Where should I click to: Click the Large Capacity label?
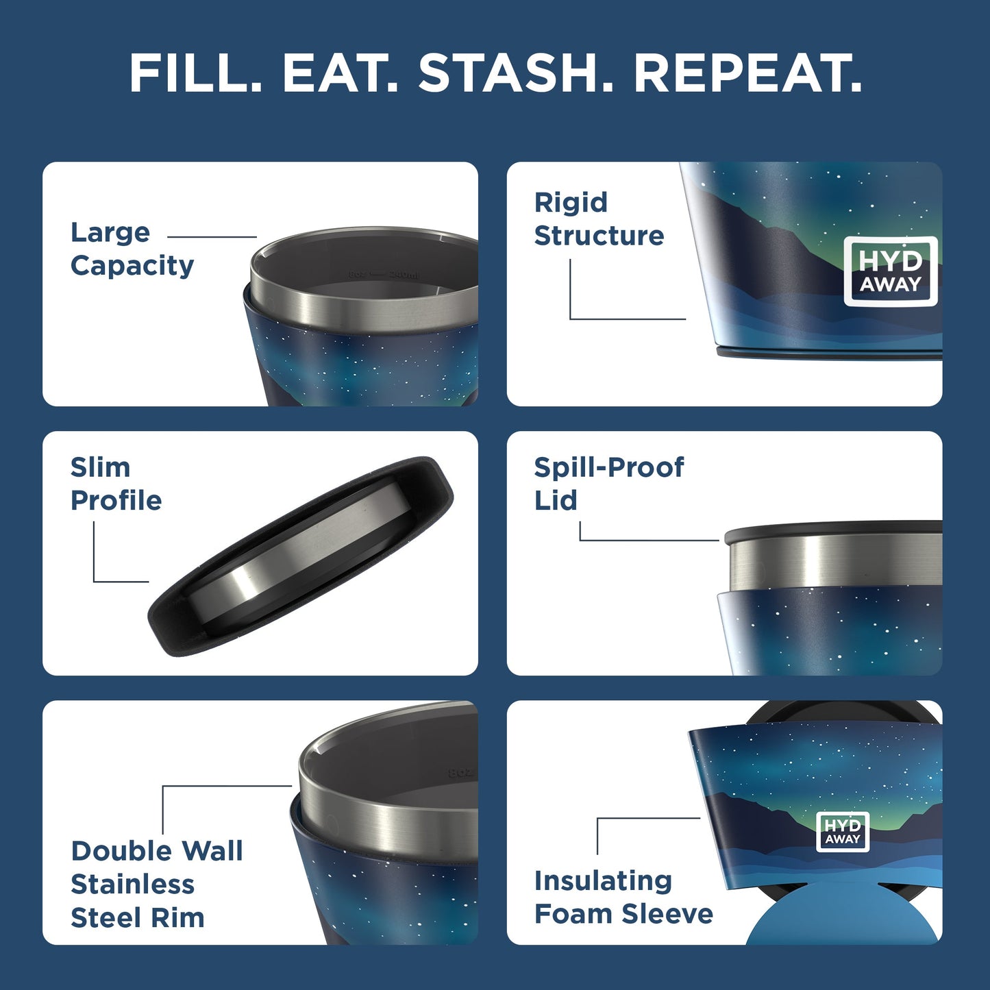[x=132, y=249]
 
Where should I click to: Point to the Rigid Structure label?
[x=599, y=219]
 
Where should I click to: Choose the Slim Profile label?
[x=116, y=484]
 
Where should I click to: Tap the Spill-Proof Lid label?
[x=608, y=484]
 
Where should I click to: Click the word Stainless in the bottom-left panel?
[x=132, y=884]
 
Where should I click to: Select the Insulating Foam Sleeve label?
[x=623, y=897]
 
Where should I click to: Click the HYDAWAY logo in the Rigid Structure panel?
[x=890, y=271]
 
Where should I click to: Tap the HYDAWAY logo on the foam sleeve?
[x=843, y=832]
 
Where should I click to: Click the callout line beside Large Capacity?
[x=212, y=237]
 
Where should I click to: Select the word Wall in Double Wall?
[x=216, y=851]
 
